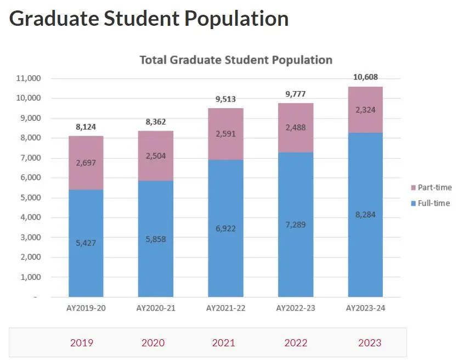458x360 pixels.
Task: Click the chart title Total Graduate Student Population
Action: click(236, 60)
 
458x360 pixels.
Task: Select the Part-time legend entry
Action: click(431, 187)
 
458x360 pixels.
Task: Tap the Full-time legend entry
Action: click(430, 203)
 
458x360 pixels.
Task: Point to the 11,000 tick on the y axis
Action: click(29, 78)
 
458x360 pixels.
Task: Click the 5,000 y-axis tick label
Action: click(30, 198)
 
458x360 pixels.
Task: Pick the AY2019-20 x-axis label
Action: click(86, 308)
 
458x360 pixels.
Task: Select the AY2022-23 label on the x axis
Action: click(296, 308)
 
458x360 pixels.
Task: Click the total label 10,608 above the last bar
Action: click(365, 77)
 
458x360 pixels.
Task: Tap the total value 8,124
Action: click(86, 127)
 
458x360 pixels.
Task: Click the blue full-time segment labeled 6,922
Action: click(225, 228)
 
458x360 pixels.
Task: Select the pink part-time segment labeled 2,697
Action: click(86, 163)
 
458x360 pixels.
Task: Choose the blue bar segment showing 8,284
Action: click(365, 215)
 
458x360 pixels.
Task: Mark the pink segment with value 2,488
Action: click(296, 128)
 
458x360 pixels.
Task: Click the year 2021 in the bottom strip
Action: click(223, 342)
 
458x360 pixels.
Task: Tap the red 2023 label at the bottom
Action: click(370, 342)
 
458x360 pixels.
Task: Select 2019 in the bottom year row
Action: click(82, 342)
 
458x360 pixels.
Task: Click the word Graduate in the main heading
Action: click(54, 19)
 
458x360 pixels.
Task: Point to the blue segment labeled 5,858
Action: click(156, 239)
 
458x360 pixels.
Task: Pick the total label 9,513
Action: click(225, 99)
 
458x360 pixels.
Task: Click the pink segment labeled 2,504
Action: click(156, 156)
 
